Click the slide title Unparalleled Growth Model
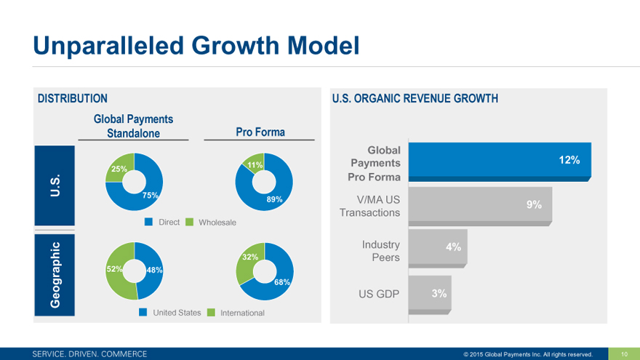[x=196, y=45]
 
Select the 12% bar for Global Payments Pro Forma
[x=500, y=161]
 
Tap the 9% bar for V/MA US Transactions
[x=481, y=205]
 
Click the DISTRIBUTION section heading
[x=73, y=98]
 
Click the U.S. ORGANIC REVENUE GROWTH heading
[x=415, y=98]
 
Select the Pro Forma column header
[x=260, y=132]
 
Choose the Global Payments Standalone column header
[x=133, y=126]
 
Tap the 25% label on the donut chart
[x=119, y=169]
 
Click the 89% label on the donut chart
[x=274, y=199]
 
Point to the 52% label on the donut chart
[x=115, y=269]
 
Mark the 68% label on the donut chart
[x=282, y=281]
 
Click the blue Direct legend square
[x=148, y=222]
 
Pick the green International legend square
[x=211, y=313]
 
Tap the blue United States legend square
[x=143, y=313]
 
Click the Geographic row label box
[x=55, y=274]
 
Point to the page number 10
[x=623, y=354]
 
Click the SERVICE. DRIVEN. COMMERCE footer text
[x=89, y=354]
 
